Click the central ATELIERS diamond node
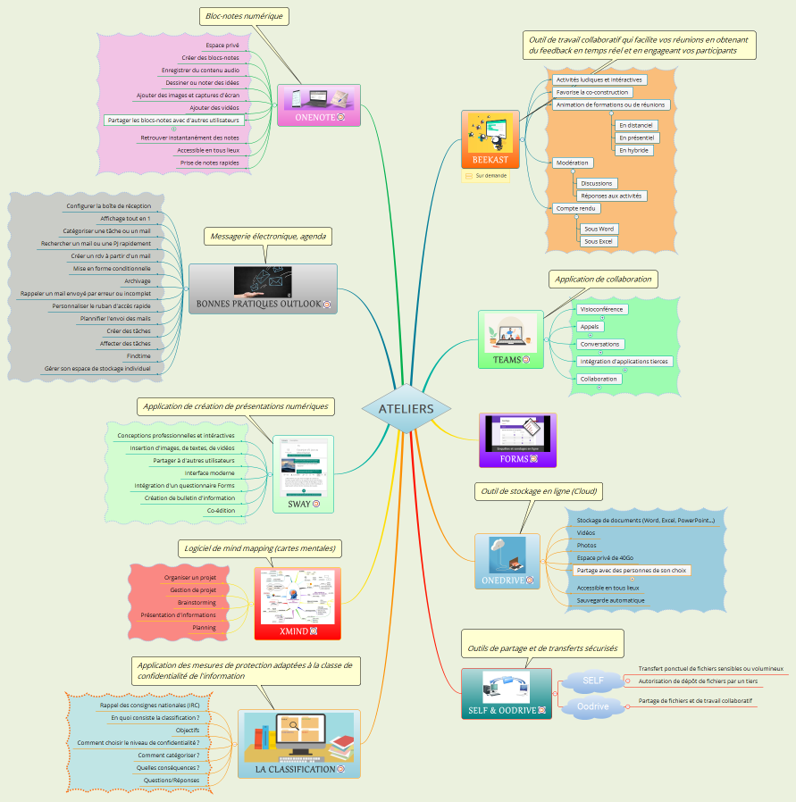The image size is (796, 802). click(406, 409)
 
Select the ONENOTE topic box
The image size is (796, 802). click(318, 105)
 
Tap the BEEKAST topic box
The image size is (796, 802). click(490, 139)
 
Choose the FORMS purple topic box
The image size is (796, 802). click(517, 439)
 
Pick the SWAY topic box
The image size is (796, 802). click(303, 474)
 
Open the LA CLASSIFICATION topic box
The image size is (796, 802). click(298, 744)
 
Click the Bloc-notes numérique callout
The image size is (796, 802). click(244, 16)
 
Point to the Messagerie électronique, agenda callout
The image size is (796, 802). click(268, 236)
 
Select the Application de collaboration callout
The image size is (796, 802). click(603, 279)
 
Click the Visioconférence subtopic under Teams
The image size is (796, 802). click(601, 309)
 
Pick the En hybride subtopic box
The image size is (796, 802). click(633, 150)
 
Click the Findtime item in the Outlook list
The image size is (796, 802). click(138, 355)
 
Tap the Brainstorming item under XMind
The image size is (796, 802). click(197, 602)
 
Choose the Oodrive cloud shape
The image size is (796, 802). click(592, 706)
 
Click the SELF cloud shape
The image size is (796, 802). click(592, 681)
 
